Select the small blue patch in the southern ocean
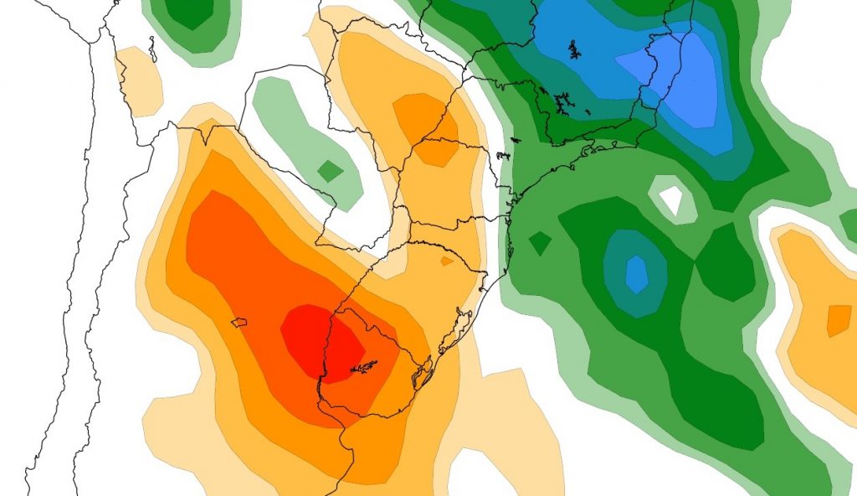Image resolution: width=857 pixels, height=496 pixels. pos(637,273)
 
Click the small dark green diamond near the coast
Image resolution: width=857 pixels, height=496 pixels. pos(540,244)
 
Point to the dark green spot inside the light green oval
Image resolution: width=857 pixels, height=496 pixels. pos(331,171)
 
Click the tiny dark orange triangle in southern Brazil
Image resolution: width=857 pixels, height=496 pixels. pos(447,261)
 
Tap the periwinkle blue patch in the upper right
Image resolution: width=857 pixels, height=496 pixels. pos(678,80)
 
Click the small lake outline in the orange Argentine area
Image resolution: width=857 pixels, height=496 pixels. pos(239,322)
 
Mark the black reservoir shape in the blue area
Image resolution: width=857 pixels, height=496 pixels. pos(575,49)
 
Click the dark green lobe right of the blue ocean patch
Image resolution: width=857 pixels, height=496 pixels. pos(720,260)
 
